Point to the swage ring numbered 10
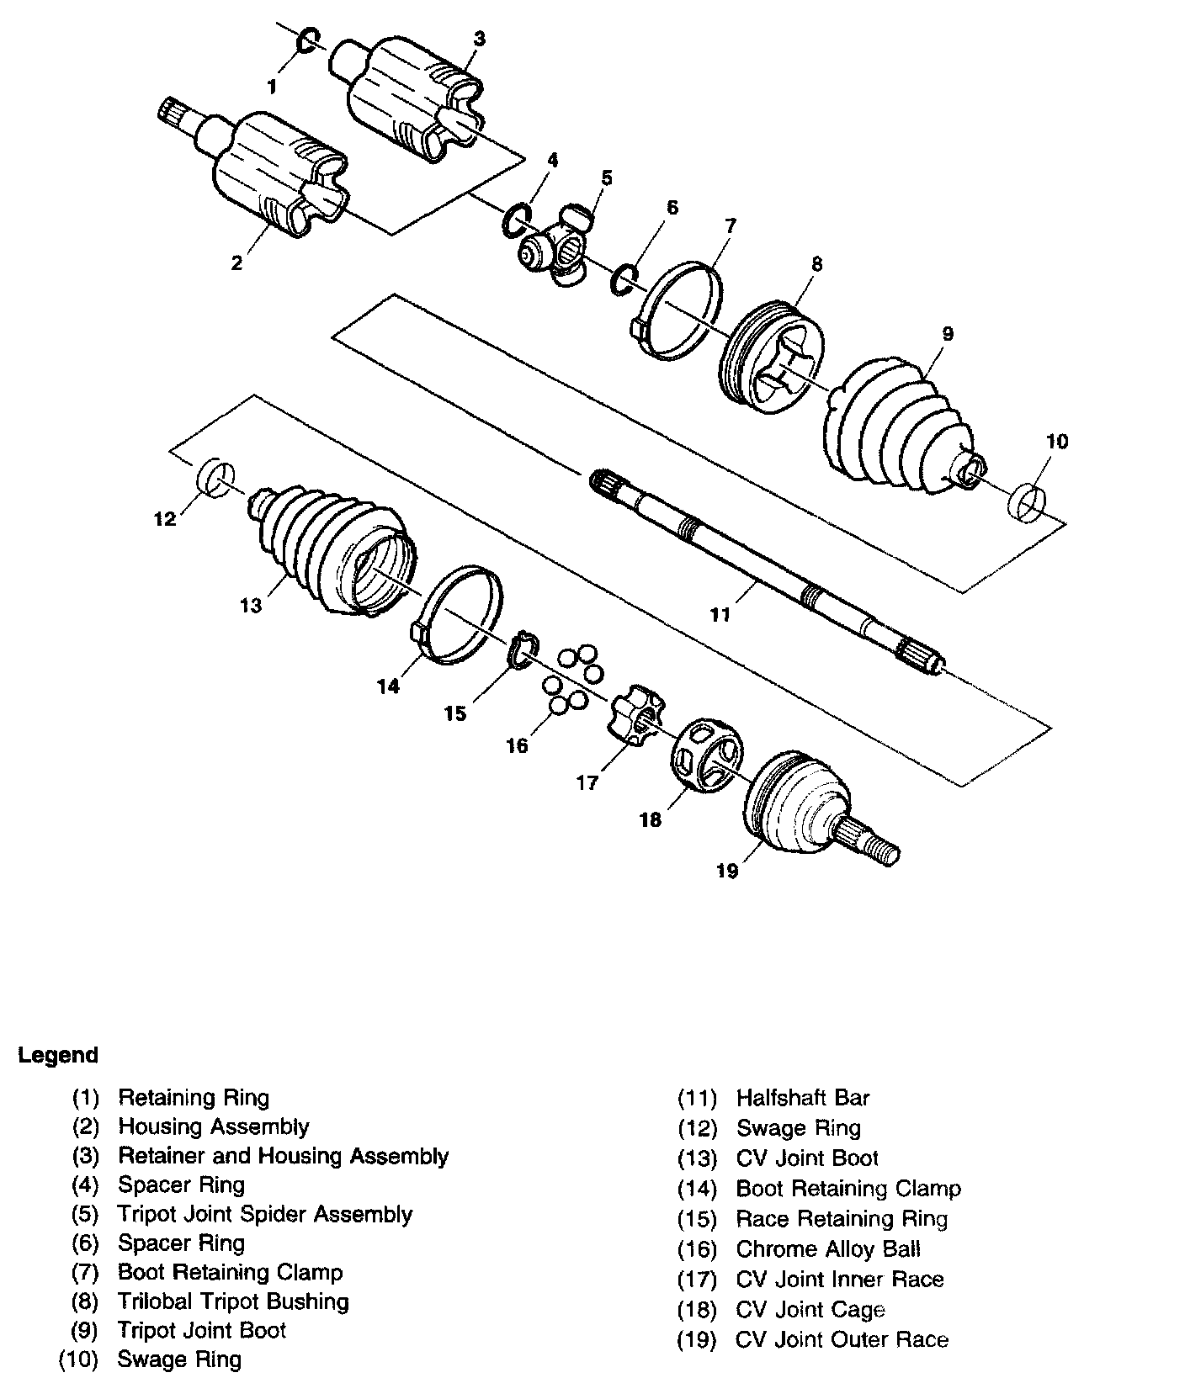pos(1025,500)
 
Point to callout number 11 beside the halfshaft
pos(720,615)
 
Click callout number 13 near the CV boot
pos(251,605)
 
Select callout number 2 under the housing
pos(237,262)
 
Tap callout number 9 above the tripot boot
pos(948,334)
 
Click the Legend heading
pos(58,1055)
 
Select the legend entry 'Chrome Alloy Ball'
pos(828,1249)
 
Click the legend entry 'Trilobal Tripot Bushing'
pos(233,1301)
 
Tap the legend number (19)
pos(697,1340)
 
